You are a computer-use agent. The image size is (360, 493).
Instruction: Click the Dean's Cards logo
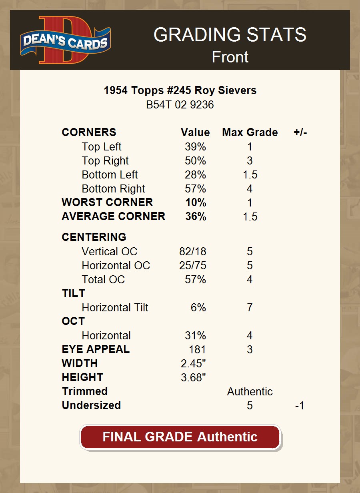65,40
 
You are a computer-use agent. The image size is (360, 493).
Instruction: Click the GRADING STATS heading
230,35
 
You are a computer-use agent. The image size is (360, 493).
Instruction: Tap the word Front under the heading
230,57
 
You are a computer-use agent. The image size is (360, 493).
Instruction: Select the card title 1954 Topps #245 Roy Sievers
180,90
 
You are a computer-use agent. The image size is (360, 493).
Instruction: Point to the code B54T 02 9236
180,105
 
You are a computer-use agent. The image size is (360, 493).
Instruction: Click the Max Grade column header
250,132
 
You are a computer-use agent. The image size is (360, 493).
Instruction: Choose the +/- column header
300,132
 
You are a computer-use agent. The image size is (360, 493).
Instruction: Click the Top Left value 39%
195,147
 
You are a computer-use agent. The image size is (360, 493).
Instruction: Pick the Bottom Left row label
110,175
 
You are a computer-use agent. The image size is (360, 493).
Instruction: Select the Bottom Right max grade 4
250,189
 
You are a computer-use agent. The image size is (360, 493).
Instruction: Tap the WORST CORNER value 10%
196,202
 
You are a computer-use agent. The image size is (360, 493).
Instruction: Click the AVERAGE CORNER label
113,216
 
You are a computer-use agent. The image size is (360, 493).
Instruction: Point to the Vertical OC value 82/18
193,252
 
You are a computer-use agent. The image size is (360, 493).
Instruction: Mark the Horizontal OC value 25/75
193,266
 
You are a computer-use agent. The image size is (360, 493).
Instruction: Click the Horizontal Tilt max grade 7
250,308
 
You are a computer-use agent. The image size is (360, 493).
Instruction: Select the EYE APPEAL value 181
197,350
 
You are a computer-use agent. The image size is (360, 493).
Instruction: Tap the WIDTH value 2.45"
193,364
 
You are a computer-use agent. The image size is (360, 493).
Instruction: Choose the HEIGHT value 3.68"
193,378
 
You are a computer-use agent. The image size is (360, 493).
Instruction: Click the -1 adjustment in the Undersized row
299,406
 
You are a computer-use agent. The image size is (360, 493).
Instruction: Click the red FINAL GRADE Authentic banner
180,437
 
